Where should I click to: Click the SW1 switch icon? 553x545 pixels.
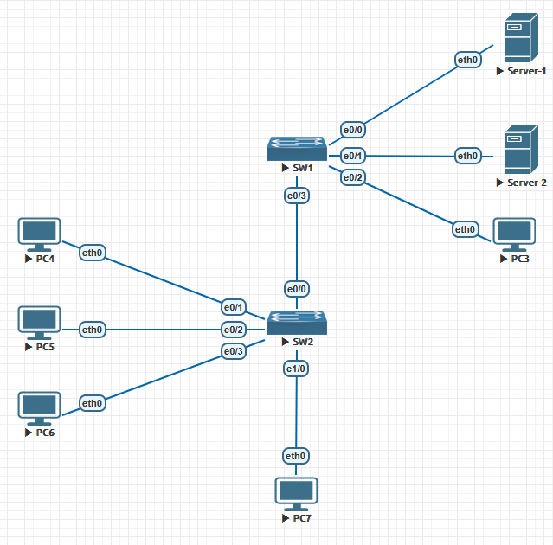tap(296, 148)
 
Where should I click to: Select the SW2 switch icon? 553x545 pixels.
tap(296, 323)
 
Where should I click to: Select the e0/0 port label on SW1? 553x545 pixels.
tap(353, 130)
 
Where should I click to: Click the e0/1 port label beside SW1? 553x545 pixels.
tap(353, 156)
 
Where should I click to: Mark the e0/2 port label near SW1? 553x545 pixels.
tap(353, 177)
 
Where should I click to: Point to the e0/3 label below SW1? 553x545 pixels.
tap(296, 196)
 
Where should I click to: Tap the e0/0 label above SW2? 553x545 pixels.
tap(296, 287)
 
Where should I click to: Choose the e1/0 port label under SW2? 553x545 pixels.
tap(296, 369)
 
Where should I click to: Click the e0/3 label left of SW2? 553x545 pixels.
tap(234, 350)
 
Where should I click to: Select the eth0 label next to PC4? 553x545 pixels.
tap(92, 253)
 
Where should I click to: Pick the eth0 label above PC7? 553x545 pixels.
tap(296, 456)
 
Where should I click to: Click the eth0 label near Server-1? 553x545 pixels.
tap(468, 60)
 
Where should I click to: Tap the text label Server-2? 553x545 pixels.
tap(526, 183)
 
